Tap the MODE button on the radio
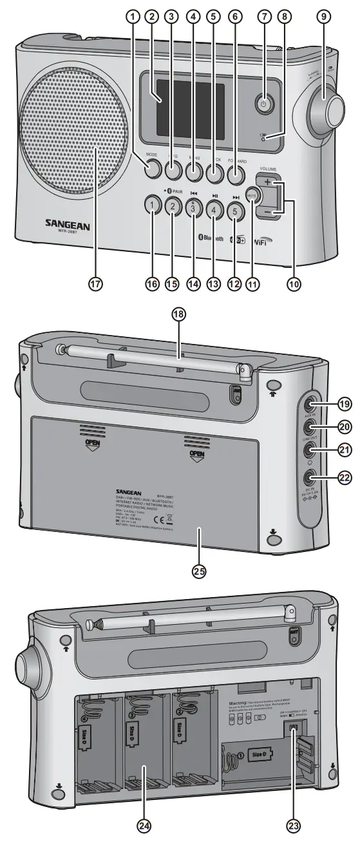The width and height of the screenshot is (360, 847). click(x=152, y=170)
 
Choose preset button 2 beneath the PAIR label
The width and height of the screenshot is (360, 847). click(x=172, y=207)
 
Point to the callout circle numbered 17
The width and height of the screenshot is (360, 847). click(x=98, y=283)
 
